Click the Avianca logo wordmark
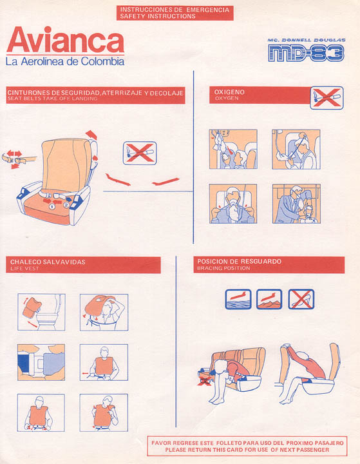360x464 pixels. pos(65,40)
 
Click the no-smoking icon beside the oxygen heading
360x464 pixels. pos(327,98)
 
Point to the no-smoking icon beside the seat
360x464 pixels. pos(140,153)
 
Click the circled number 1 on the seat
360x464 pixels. pos(52,207)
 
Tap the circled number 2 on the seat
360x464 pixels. pos(66,205)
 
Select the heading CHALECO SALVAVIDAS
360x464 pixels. pos(48,262)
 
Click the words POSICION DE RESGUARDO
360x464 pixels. pos(240,262)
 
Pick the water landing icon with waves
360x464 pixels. pos(238,299)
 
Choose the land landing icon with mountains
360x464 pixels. pos(269,299)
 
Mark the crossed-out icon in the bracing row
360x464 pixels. pos(301,299)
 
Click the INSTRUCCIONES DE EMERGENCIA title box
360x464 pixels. pos(175,13)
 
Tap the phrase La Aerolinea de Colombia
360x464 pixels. pos(65,62)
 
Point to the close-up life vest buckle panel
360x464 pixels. pos(41,362)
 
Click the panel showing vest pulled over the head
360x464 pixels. pos(104,312)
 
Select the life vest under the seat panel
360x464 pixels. pos(41,312)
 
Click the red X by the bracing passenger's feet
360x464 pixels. pos(204,380)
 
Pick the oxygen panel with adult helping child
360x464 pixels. pos(296,204)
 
